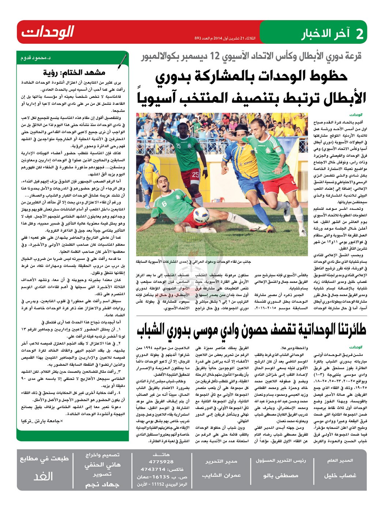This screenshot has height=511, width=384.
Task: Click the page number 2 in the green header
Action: [359, 34]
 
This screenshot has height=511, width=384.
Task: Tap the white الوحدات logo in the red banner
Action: [48, 32]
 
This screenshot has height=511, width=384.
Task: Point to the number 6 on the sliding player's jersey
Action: [164, 204]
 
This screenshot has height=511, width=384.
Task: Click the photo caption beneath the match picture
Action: [193, 262]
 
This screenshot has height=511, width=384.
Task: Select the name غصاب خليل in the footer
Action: [340, 476]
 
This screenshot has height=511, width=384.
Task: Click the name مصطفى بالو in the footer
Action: [281, 476]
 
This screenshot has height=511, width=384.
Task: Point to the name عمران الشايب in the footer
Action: [221, 476]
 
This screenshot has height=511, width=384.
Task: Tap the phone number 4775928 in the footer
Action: [161, 462]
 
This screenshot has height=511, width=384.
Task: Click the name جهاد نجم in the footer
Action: [102, 484]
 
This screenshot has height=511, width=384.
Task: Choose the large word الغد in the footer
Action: [43, 476]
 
